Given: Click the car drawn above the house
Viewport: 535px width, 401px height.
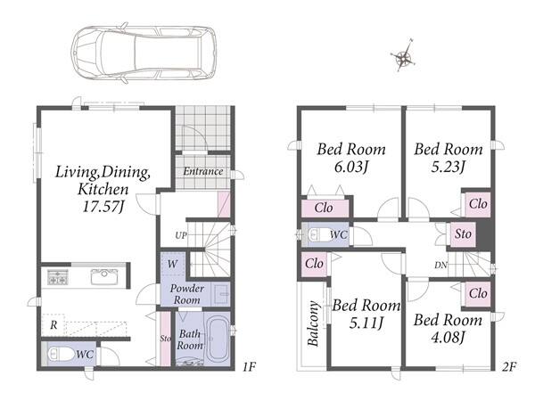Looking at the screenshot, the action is (x=144, y=53).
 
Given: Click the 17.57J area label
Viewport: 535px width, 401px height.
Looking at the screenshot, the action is (x=103, y=207).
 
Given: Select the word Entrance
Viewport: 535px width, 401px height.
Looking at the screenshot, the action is (x=203, y=171).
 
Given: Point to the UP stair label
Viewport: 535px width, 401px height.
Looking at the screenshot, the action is (x=181, y=235).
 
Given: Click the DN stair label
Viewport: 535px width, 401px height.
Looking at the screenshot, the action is (x=440, y=265).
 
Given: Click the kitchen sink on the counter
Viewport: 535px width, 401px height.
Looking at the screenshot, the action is (x=104, y=276).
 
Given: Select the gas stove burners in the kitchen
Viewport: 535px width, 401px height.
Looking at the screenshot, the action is (x=58, y=277).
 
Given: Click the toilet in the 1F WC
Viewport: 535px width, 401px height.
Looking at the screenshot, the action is (x=60, y=355).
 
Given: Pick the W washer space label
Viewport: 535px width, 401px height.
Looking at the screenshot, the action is (x=173, y=264).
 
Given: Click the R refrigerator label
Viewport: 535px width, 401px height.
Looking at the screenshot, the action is (x=53, y=325).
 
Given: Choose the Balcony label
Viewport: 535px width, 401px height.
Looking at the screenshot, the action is (x=313, y=323).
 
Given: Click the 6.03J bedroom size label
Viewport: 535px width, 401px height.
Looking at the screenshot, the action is (x=351, y=168).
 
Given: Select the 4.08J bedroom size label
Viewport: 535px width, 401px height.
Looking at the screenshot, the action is (x=448, y=338).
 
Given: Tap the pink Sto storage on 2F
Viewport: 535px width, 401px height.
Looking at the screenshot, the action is (x=463, y=234).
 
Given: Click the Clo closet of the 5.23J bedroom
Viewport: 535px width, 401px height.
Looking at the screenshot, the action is (x=478, y=204).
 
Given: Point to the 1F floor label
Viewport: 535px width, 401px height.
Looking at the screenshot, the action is (x=249, y=367).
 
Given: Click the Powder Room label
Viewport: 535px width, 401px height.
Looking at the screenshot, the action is (x=186, y=294).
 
